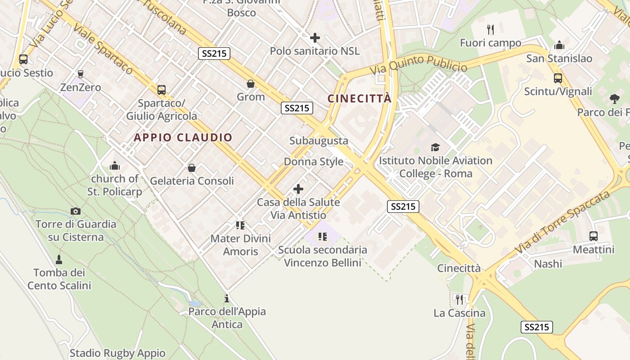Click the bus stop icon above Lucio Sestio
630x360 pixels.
click(x=23, y=59)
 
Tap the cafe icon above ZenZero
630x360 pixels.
click(x=81, y=74)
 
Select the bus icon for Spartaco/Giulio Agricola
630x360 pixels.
click(x=162, y=90)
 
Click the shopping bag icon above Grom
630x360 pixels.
click(x=251, y=84)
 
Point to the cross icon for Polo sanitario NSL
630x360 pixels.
click(x=315, y=38)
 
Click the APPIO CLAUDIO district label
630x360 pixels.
click(x=183, y=138)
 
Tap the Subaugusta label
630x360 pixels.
click(x=319, y=141)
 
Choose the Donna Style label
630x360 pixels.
click(x=313, y=162)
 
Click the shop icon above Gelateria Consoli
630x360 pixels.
click(x=192, y=168)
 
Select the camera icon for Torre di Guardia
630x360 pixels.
click(x=76, y=211)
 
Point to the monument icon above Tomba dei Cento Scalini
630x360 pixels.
click(x=59, y=259)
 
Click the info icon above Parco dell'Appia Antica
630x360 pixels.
click(x=227, y=298)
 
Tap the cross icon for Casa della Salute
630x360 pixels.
click(x=298, y=189)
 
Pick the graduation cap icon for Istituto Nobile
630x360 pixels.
click(x=435, y=147)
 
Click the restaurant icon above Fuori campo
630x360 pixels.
click(x=490, y=30)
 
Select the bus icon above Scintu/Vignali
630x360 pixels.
click(x=558, y=78)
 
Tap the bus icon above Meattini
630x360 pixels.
click(x=594, y=236)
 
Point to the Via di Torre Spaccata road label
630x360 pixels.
click(x=562, y=220)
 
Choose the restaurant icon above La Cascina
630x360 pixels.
click(x=459, y=299)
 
